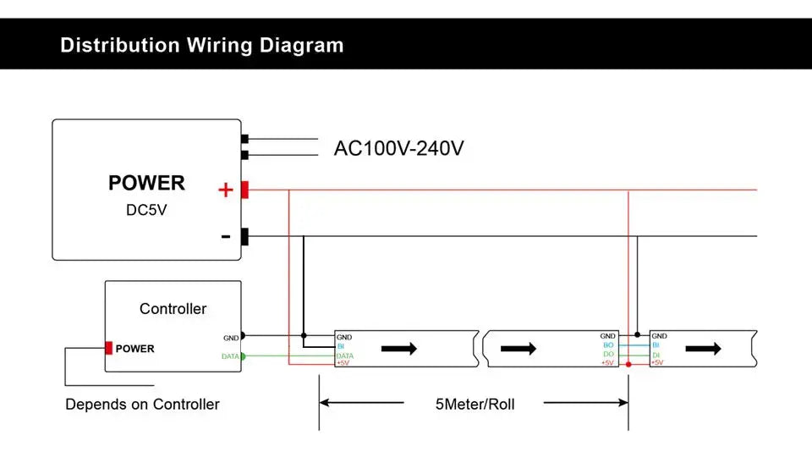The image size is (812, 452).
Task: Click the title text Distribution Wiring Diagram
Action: [202, 45]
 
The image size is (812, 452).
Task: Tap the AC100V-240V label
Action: [399, 149]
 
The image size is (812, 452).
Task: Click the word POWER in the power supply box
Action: [146, 183]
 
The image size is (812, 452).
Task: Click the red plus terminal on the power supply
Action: [244, 190]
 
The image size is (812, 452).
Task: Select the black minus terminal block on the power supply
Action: [244, 237]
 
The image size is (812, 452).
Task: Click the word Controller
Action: [173, 309]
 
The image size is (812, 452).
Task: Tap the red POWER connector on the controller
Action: [109, 348]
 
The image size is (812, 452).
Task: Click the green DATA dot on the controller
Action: [243, 356]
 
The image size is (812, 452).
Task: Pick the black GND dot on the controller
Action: [243, 336]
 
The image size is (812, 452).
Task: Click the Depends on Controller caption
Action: [142, 405]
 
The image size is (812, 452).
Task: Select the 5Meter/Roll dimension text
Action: [475, 404]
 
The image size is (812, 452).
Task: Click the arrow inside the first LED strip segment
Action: [401, 348]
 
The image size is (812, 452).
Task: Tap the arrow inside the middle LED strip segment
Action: [518, 348]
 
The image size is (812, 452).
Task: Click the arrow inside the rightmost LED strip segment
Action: [703, 348]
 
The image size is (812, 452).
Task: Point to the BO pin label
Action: [608, 345]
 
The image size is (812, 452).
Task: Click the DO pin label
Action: [608, 354]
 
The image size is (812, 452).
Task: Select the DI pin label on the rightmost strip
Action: [656, 354]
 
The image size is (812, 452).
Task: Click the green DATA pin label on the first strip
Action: [344, 356]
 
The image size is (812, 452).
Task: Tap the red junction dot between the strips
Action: [628, 364]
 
